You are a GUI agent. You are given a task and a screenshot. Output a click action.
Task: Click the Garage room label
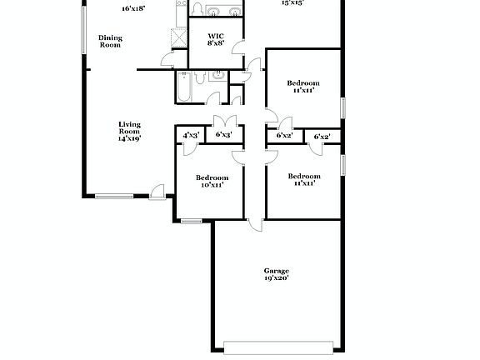pos(276,271)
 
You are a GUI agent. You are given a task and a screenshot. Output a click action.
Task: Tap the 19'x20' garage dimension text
pos(276,279)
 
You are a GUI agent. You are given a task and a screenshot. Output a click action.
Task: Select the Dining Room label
pos(110,42)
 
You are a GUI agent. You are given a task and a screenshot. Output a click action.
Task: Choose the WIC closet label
pos(216,36)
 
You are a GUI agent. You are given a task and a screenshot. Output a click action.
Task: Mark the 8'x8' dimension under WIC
pos(216,43)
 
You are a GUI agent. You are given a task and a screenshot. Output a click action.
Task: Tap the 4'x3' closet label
pos(190,134)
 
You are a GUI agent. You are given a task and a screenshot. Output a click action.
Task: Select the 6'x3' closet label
pos(223,134)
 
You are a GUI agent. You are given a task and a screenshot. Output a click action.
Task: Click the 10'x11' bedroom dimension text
pos(212,185)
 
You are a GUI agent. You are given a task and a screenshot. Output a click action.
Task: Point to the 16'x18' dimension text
pos(133,7)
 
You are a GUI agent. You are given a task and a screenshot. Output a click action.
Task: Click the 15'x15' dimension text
pos(292,3)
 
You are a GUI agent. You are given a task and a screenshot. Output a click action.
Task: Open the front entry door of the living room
pos(157,192)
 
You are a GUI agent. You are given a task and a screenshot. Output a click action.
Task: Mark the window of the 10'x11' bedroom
pos(191,221)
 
